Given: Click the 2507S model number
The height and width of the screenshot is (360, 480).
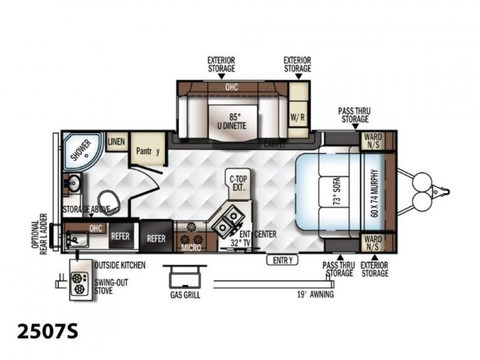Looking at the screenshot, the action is click(x=48, y=332).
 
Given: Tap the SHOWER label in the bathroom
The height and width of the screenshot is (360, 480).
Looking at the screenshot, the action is click(x=81, y=150).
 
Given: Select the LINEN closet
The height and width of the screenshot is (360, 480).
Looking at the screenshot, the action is click(x=116, y=142).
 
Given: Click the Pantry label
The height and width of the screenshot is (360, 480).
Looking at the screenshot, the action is click(x=148, y=151).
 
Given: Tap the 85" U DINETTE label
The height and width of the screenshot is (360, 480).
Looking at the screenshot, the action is click(x=232, y=122).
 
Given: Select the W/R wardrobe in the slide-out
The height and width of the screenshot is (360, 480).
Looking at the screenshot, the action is click(x=298, y=117).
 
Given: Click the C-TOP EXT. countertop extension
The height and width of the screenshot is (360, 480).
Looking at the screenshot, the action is click(x=238, y=184).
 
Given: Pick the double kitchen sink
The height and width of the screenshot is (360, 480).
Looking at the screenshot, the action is click(x=228, y=221).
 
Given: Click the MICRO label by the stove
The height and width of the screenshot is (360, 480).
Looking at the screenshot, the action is click(x=191, y=247).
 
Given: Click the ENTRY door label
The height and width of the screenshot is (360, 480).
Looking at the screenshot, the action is click(x=282, y=260).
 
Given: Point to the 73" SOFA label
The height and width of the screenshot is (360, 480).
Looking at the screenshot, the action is click(x=337, y=191).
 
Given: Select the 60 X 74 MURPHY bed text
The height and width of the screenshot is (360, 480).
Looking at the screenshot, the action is click(x=374, y=193).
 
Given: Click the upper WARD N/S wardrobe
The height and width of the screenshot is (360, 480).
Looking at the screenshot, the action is click(x=373, y=141).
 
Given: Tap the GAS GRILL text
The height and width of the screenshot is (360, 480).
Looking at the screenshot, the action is click(x=185, y=295).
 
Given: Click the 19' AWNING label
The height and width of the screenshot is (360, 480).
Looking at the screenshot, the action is click(x=316, y=295).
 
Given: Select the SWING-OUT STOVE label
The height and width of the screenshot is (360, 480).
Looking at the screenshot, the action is click(x=112, y=287).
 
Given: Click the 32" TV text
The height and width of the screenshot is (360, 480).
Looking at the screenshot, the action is click(x=241, y=243).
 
